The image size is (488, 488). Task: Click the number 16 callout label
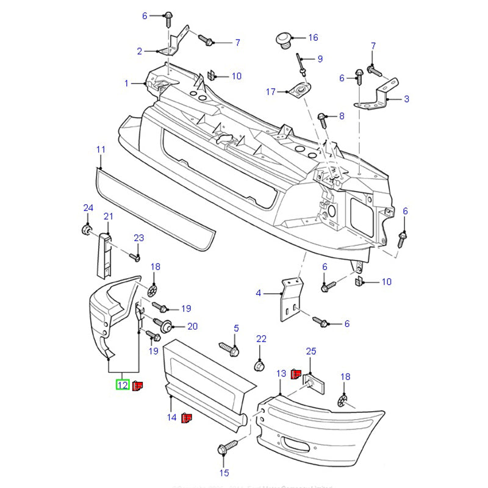[x=313, y=38]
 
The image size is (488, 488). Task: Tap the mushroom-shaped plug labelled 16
[x=282, y=38]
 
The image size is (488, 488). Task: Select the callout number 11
[x=101, y=149]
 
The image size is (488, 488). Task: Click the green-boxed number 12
[x=123, y=385]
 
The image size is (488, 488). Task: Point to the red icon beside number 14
[x=187, y=418]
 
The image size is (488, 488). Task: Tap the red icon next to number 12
[x=138, y=385]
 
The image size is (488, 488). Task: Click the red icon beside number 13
[x=296, y=373]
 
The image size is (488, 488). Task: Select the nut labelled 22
[x=259, y=366]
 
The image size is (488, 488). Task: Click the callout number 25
[x=311, y=351]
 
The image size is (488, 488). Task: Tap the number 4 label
[x=258, y=293]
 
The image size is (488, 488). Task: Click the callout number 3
[x=406, y=99]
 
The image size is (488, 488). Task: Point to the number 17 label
[x=271, y=92]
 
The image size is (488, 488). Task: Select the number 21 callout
[x=109, y=216]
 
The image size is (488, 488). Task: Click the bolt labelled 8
[x=324, y=117]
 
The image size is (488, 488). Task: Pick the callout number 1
[x=127, y=83]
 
